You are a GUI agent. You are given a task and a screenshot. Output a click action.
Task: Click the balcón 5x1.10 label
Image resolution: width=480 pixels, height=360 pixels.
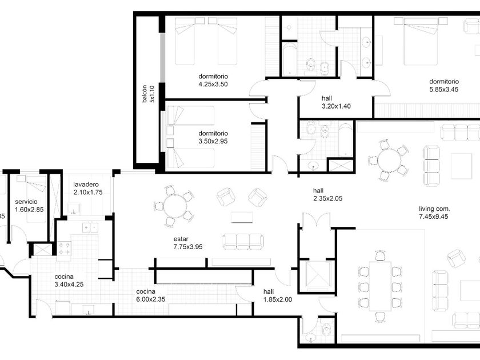149,94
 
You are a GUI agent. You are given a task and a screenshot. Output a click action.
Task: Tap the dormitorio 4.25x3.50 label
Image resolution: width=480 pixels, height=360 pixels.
213,80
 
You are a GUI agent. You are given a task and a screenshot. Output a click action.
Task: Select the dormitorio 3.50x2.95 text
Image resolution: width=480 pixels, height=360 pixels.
213,137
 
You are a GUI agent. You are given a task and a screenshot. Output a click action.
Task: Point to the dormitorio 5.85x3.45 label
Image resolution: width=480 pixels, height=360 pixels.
444,85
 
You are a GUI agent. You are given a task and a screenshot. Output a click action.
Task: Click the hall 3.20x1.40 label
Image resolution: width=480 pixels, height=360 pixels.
336,102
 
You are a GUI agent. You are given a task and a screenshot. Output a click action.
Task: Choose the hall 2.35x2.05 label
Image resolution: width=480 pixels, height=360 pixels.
327,194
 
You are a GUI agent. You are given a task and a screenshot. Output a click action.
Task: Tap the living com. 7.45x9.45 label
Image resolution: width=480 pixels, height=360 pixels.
434,213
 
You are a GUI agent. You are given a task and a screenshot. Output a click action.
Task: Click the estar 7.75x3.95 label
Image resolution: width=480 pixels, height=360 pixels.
188,243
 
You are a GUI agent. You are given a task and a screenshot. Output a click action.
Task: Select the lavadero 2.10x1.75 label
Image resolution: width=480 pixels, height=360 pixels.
88,188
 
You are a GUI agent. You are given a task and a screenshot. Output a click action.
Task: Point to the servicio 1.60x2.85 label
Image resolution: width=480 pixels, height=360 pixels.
29,205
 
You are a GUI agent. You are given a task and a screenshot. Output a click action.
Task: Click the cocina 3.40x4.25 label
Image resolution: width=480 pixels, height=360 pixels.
69,281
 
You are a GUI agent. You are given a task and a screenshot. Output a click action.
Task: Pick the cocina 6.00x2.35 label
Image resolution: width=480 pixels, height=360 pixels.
151,295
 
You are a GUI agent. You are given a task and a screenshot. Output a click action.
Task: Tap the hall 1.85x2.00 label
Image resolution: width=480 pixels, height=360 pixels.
278,295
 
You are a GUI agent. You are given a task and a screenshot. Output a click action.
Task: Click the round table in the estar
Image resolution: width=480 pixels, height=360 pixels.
174,206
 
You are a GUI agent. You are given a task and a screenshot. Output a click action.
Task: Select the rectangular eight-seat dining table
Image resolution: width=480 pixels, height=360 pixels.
380,286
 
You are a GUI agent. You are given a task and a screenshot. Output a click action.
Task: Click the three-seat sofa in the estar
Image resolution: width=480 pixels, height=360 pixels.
243,242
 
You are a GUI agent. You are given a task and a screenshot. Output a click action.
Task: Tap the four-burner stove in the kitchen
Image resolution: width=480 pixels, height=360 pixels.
64,248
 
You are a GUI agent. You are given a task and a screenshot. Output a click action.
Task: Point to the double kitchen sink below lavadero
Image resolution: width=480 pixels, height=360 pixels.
90,227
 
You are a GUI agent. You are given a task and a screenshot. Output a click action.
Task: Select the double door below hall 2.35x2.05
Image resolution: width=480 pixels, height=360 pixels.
317,221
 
